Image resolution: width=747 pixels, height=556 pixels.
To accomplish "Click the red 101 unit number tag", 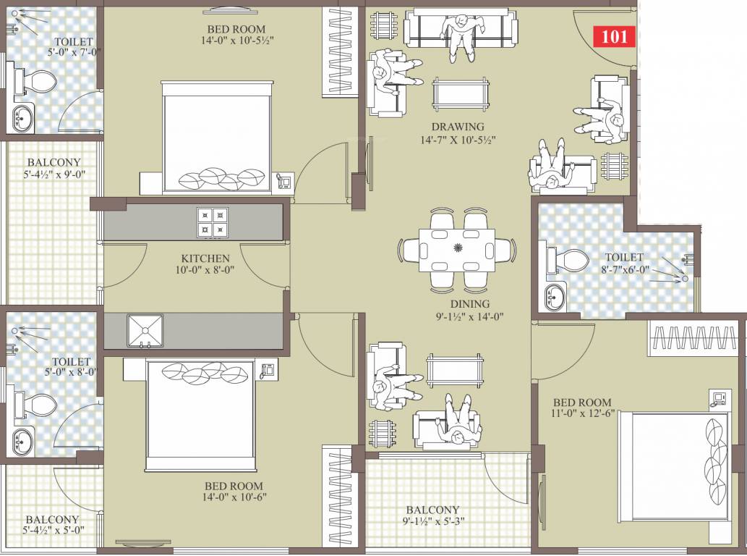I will (x=614, y=36).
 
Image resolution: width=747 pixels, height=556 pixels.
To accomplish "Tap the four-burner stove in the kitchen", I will (x=213, y=222).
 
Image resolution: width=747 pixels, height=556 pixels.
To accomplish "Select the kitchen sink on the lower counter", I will (x=145, y=330).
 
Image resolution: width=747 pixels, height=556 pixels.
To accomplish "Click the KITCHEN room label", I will (x=205, y=258).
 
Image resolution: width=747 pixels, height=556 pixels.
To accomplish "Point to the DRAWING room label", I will (x=458, y=127).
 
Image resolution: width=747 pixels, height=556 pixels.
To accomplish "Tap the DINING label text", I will (x=470, y=304).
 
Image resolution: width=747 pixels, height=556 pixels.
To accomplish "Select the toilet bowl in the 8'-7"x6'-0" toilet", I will (x=568, y=261).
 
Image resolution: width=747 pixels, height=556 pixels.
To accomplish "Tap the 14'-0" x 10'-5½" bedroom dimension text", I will (x=237, y=41).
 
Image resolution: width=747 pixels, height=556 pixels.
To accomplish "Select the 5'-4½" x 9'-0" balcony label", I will (x=54, y=174).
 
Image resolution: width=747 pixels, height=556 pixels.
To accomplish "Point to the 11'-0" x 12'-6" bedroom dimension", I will (x=582, y=414).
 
